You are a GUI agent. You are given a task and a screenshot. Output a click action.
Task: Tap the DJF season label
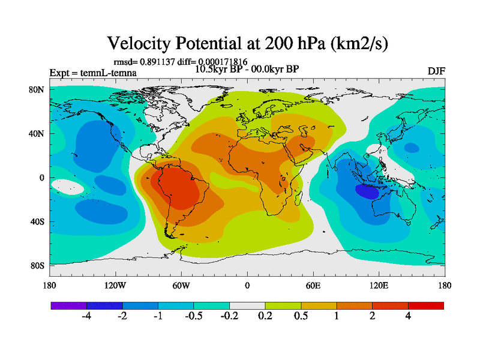436,71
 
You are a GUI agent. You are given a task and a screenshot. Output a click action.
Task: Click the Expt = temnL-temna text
92,73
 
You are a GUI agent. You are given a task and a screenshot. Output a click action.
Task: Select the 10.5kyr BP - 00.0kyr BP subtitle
247,68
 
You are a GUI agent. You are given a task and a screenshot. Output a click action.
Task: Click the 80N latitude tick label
37,90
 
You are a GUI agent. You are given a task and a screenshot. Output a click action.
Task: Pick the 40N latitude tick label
37,134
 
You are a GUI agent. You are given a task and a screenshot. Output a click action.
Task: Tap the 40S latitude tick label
37,222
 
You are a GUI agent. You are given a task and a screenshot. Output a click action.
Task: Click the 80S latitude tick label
37,266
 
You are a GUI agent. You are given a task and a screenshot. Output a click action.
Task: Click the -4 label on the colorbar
86,316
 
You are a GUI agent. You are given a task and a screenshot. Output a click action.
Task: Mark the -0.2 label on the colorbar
229,316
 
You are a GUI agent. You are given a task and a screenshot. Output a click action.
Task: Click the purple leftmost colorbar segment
68,305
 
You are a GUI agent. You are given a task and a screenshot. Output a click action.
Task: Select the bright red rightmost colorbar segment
426,305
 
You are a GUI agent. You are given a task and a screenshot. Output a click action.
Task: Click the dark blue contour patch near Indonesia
368,191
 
